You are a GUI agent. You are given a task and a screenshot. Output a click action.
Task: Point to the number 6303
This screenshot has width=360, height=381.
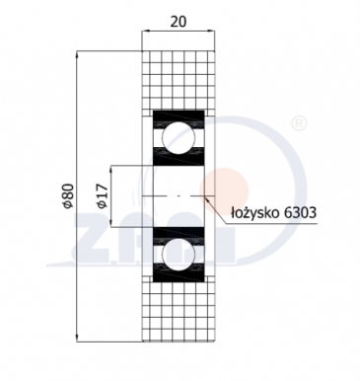[302, 210]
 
